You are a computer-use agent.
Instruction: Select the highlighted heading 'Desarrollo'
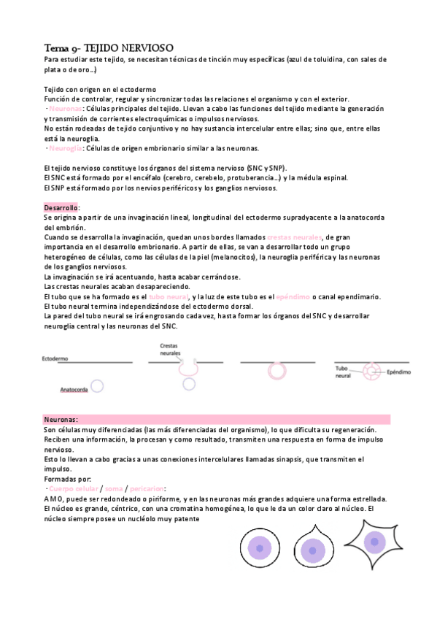click(x=61, y=208)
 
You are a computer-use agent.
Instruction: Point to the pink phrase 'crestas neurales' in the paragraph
click(x=294, y=238)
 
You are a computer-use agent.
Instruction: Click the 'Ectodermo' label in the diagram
click(x=55, y=359)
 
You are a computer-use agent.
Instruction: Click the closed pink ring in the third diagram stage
click(x=277, y=372)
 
